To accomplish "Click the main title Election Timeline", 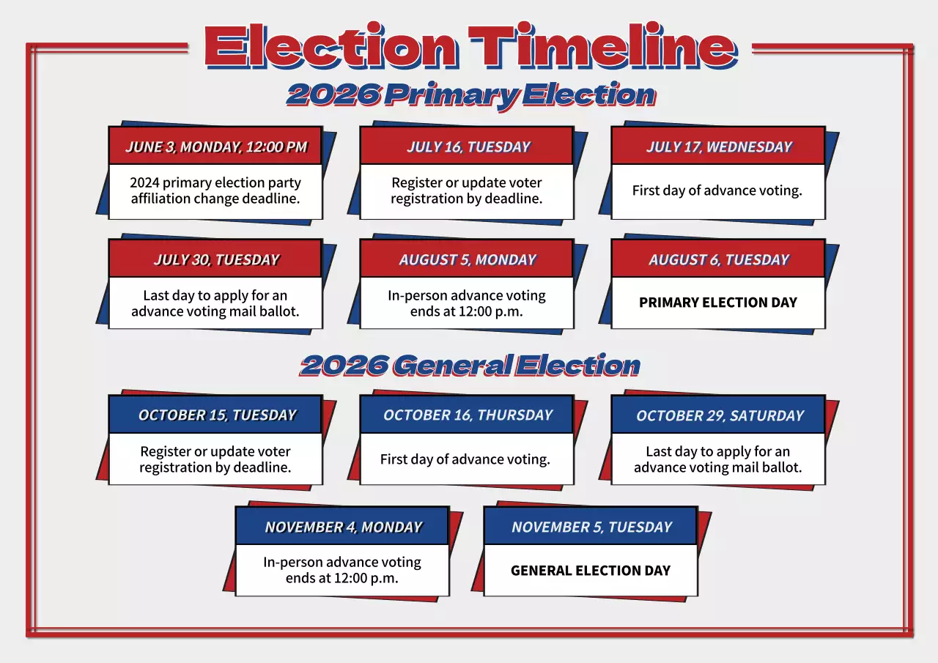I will pos(470,47).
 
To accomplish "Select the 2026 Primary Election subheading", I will pos(470,95).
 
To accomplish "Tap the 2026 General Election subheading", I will pos(470,365).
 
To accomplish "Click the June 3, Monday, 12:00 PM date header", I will pos(215,147).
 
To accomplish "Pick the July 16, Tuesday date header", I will pos(468,147).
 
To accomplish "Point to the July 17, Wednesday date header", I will pos(718,147).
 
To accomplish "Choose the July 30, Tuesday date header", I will pos(215,259).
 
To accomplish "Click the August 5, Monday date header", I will pos(468,259).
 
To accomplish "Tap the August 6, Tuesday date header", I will pos(718,259).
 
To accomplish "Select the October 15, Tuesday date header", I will pos(216,415).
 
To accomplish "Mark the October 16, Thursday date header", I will pos(468,415).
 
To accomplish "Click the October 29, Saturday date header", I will pos(719,415).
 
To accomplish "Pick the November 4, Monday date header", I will pos(343,527).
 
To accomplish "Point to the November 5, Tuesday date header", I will pos(591,527).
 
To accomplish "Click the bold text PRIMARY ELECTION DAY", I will pos(718,303).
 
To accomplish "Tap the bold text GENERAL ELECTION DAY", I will pos(591,570).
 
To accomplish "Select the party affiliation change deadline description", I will pos(215,190).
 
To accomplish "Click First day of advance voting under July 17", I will pos(717,190).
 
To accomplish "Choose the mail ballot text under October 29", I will pos(718,459).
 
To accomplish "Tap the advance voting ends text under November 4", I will pos(342,570).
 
